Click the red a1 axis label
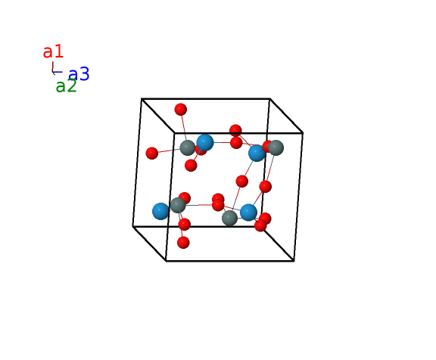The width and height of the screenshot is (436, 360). point(54,51)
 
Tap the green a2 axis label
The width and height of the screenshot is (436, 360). point(66,85)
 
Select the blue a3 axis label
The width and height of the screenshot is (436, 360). point(79,74)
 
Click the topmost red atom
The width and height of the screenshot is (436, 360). point(180,110)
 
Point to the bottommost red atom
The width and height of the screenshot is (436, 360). point(183,243)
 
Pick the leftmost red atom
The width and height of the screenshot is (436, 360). point(152,154)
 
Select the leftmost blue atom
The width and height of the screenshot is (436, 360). point(160,211)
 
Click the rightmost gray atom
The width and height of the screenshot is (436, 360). point(276,147)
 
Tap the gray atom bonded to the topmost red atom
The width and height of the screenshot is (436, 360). point(188,147)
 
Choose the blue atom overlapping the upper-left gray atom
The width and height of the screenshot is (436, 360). point(205,142)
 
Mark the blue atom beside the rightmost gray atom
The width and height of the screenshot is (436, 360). point(257,153)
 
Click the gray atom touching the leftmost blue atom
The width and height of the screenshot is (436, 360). point(178,205)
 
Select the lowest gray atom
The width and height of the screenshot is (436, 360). point(229,218)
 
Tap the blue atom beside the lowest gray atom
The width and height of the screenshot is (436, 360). point(248,213)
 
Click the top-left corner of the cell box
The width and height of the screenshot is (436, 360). point(142,98)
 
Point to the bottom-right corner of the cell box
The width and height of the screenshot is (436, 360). point(294,261)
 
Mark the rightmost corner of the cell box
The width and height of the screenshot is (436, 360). point(303,133)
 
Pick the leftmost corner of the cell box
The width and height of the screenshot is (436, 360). point(133,227)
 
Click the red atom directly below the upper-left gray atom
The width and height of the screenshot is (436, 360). point(191,166)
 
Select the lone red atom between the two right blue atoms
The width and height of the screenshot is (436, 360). point(242,182)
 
